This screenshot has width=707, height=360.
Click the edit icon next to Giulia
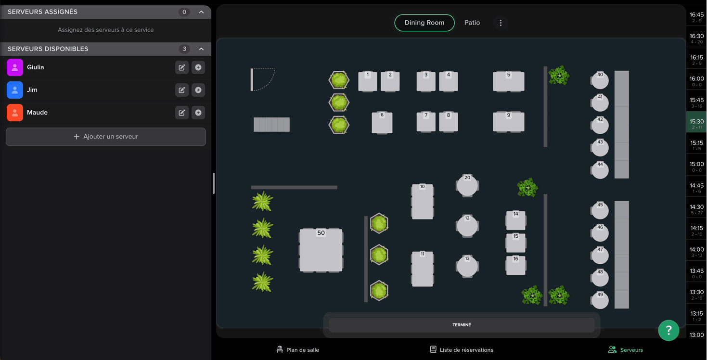(182, 67)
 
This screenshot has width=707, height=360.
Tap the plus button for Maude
(198, 113)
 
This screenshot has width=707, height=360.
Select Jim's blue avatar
(15, 90)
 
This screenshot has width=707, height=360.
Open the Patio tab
(472, 23)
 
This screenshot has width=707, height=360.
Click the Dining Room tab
(424, 23)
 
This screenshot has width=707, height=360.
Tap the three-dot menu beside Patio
(501, 23)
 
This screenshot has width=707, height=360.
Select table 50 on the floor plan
(321, 250)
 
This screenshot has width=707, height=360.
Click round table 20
(467, 185)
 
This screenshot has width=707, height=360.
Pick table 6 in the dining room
(382, 123)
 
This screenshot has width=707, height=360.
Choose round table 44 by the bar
(600, 170)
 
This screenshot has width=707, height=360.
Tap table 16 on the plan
(516, 265)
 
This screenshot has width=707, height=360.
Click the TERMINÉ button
(462, 325)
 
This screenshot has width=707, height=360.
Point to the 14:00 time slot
(696, 252)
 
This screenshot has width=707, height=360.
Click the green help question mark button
(668, 330)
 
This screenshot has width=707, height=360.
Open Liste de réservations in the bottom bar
(462, 349)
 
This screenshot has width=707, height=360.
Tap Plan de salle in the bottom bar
(297, 349)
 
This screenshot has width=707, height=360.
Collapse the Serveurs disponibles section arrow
(201, 49)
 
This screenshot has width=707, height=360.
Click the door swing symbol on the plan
(263, 79)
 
